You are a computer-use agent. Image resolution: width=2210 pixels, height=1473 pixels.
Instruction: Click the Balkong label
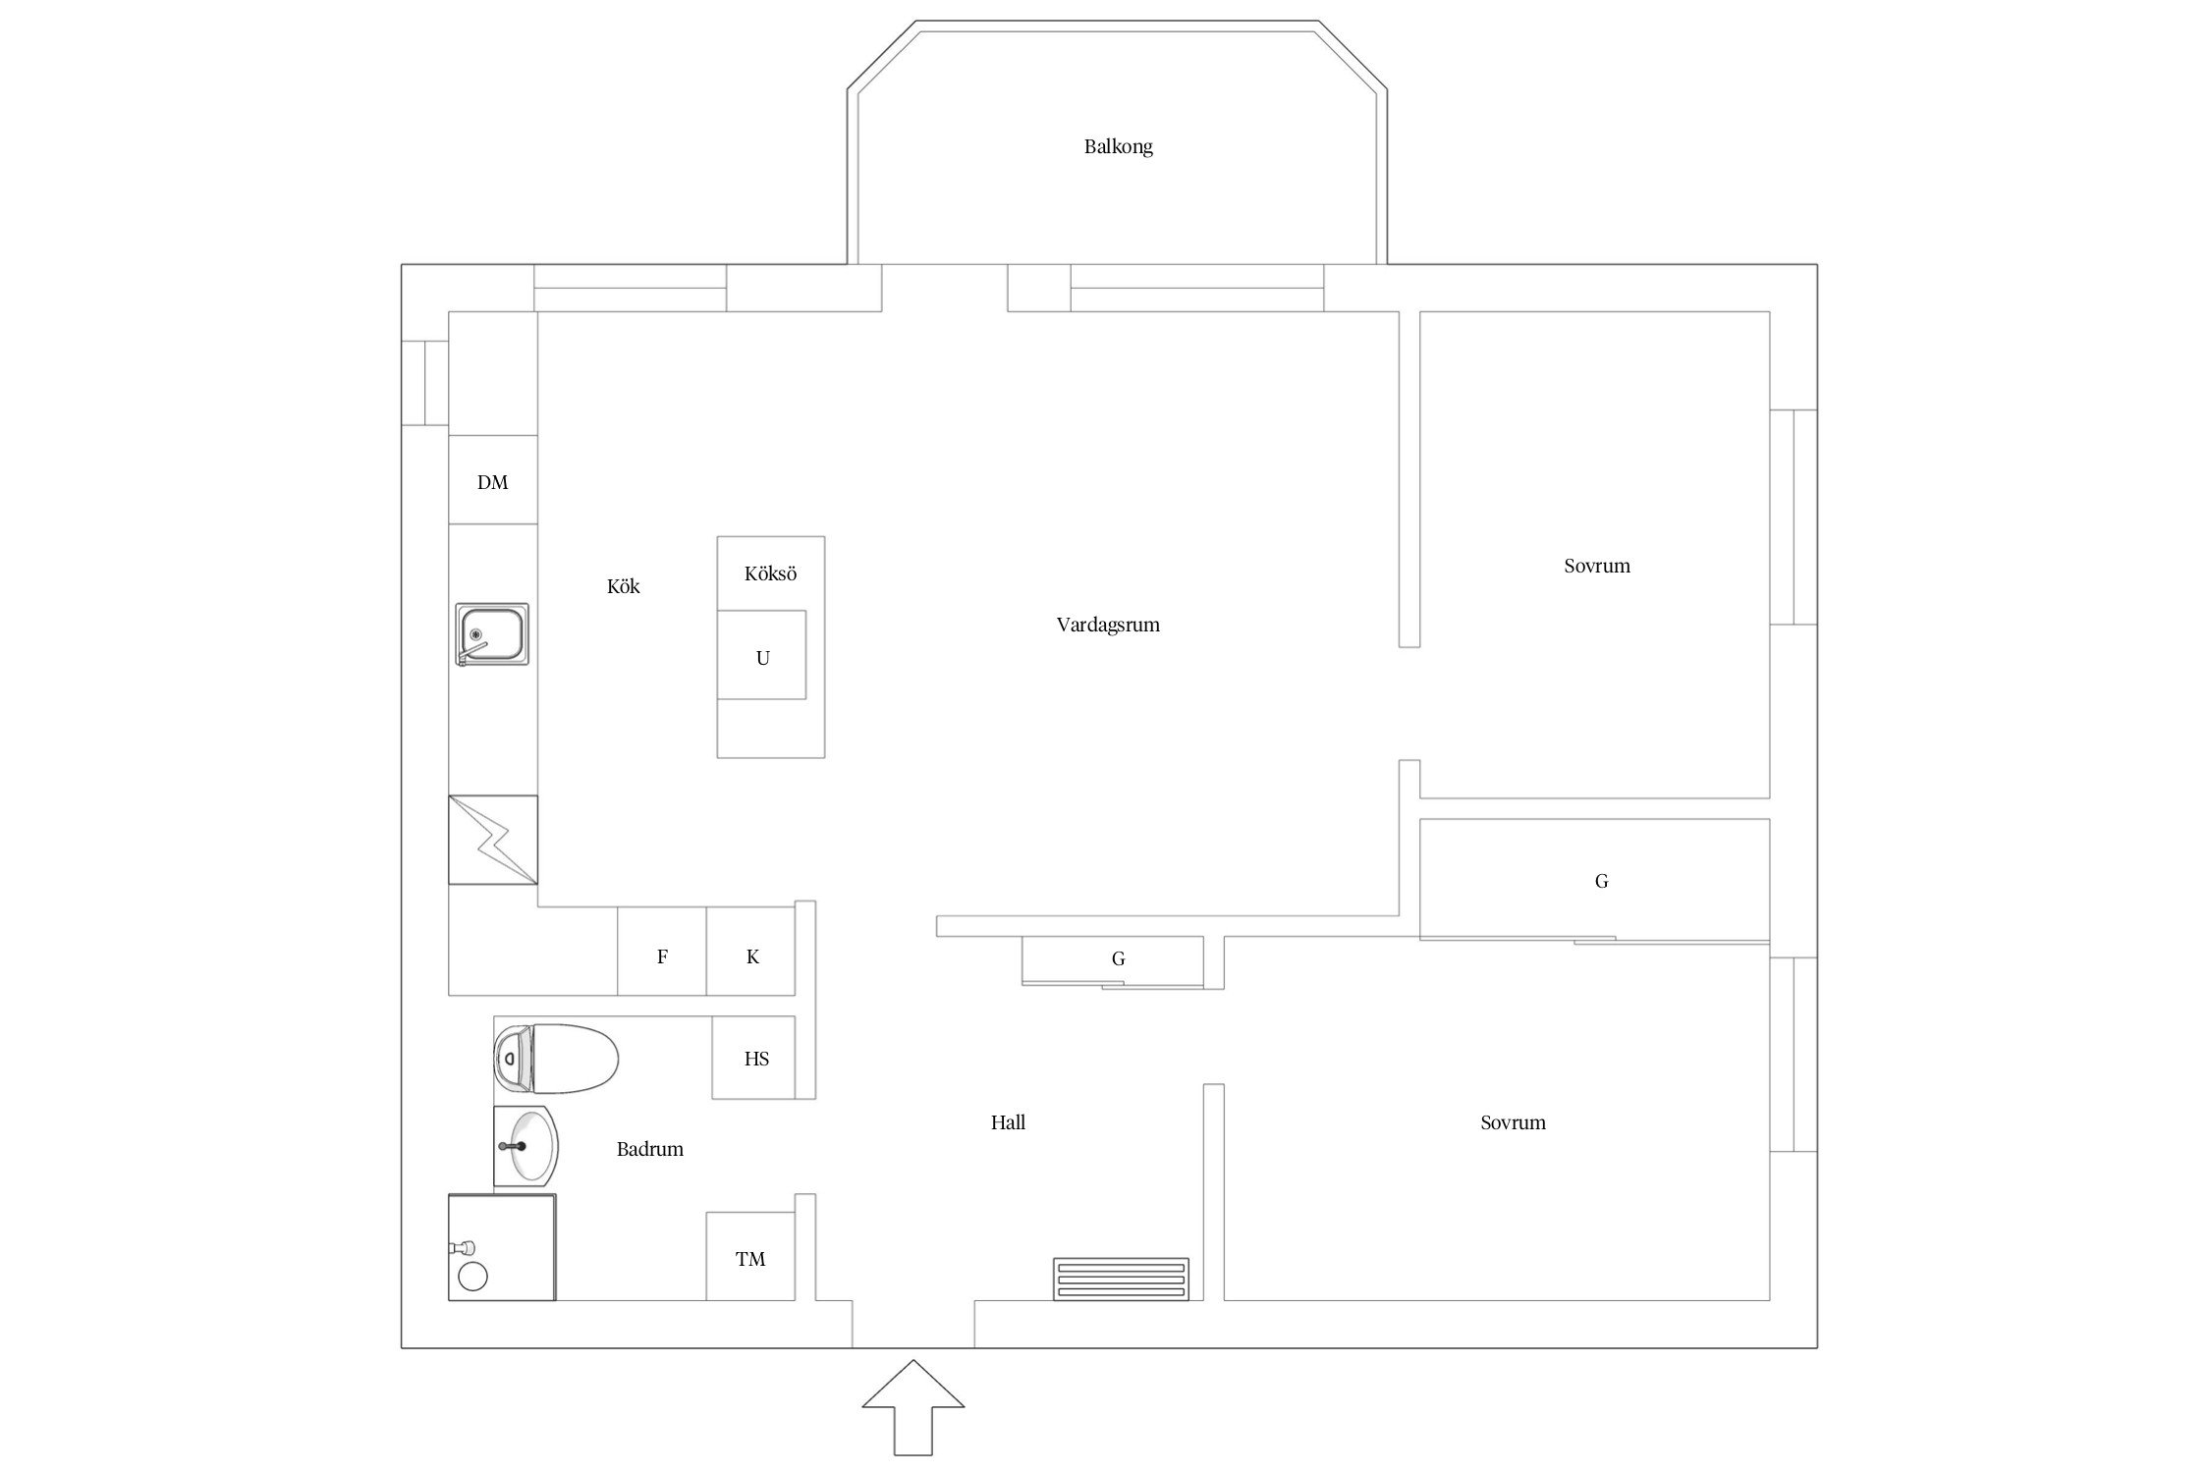[1118, 147]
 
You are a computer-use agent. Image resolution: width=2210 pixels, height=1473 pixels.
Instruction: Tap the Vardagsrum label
[1108, 625]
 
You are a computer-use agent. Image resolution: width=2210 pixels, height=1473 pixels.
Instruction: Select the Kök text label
[624, 586]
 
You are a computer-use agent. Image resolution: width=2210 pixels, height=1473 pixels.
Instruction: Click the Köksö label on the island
[770, 573]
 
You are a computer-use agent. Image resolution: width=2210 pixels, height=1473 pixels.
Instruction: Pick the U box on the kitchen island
[761, 655]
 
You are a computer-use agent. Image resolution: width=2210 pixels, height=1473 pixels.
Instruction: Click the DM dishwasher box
[493, 479]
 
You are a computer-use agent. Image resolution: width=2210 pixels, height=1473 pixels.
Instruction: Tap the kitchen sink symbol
[492, 634]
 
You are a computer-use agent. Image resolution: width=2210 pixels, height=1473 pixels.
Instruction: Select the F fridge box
[662, 952]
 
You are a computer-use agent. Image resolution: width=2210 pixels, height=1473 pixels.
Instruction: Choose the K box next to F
[750, 952]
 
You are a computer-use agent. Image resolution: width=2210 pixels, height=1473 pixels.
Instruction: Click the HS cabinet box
[753, 1058]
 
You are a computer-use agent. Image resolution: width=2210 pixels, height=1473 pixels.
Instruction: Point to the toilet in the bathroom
[556, 1059]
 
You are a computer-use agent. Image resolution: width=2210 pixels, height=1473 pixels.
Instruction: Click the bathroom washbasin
[526, 1146]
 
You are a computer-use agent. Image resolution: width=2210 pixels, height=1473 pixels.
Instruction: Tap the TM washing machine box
[750, 1256]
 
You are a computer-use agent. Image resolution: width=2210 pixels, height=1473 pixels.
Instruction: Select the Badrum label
[650, 1149]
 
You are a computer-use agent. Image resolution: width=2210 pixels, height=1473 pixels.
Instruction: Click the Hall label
[1008, 1122]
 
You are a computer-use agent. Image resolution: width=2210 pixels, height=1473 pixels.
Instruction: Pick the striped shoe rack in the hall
[1121, 1280]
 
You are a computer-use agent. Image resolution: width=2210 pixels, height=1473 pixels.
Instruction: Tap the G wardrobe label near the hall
[1118, 958]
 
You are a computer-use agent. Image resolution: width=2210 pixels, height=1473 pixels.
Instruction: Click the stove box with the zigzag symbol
[493, 840]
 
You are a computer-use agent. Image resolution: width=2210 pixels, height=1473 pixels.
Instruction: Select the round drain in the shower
[473, 1277]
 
